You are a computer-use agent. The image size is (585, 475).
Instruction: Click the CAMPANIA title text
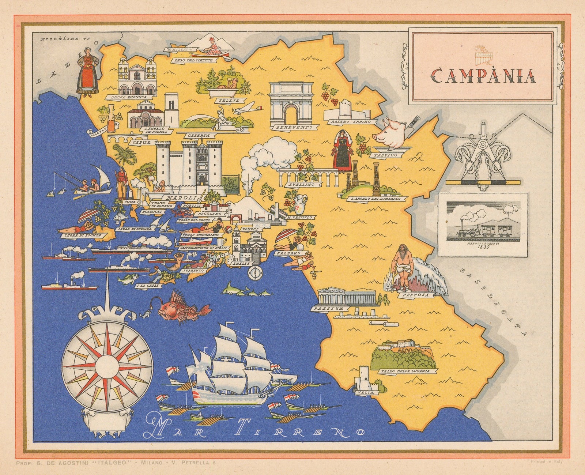coord(482,76)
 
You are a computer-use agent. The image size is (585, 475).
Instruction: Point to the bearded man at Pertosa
coord(402,265)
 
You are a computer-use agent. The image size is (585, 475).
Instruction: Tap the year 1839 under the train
coord(483,247)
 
